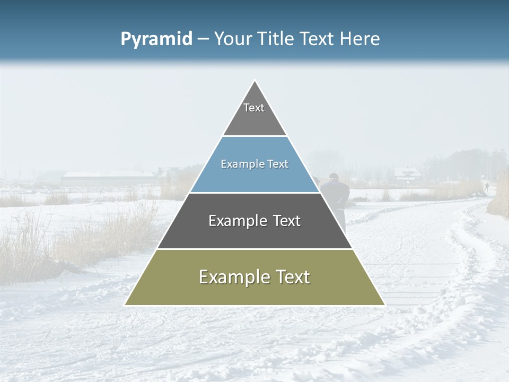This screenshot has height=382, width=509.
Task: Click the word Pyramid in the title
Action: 156,39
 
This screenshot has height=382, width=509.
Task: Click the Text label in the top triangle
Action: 254,108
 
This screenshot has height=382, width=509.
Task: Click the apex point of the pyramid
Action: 255,81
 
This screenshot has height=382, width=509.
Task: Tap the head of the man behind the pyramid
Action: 333,177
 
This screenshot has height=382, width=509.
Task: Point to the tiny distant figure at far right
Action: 486,187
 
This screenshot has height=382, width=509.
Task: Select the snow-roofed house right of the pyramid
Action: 407,173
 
